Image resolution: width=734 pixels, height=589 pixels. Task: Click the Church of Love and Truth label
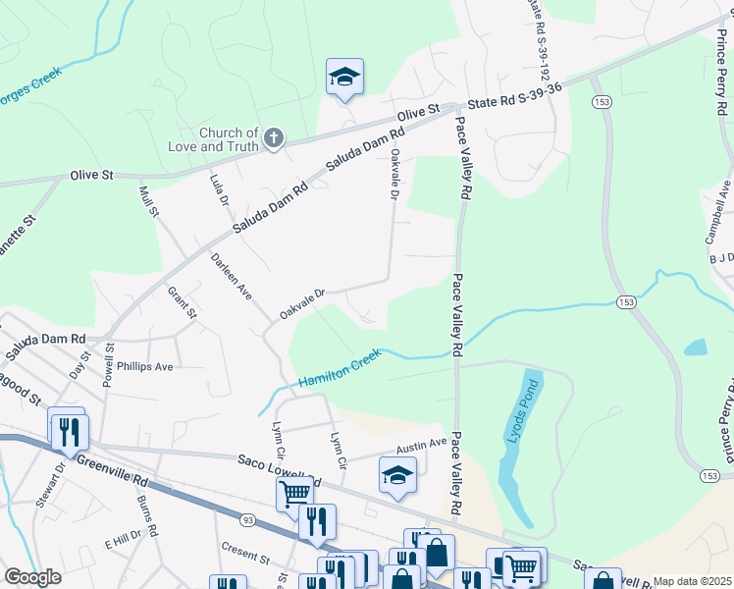(229, 139)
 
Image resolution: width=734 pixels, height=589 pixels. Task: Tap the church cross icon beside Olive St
(274, 138)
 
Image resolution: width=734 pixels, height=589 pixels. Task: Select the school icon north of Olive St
(344, 78)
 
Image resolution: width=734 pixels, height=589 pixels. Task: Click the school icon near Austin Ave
(397, 476)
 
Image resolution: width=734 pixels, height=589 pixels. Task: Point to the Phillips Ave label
(144, 366)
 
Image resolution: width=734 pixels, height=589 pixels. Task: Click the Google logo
(32, 577)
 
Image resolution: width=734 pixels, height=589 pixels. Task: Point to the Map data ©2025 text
(691, 581)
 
